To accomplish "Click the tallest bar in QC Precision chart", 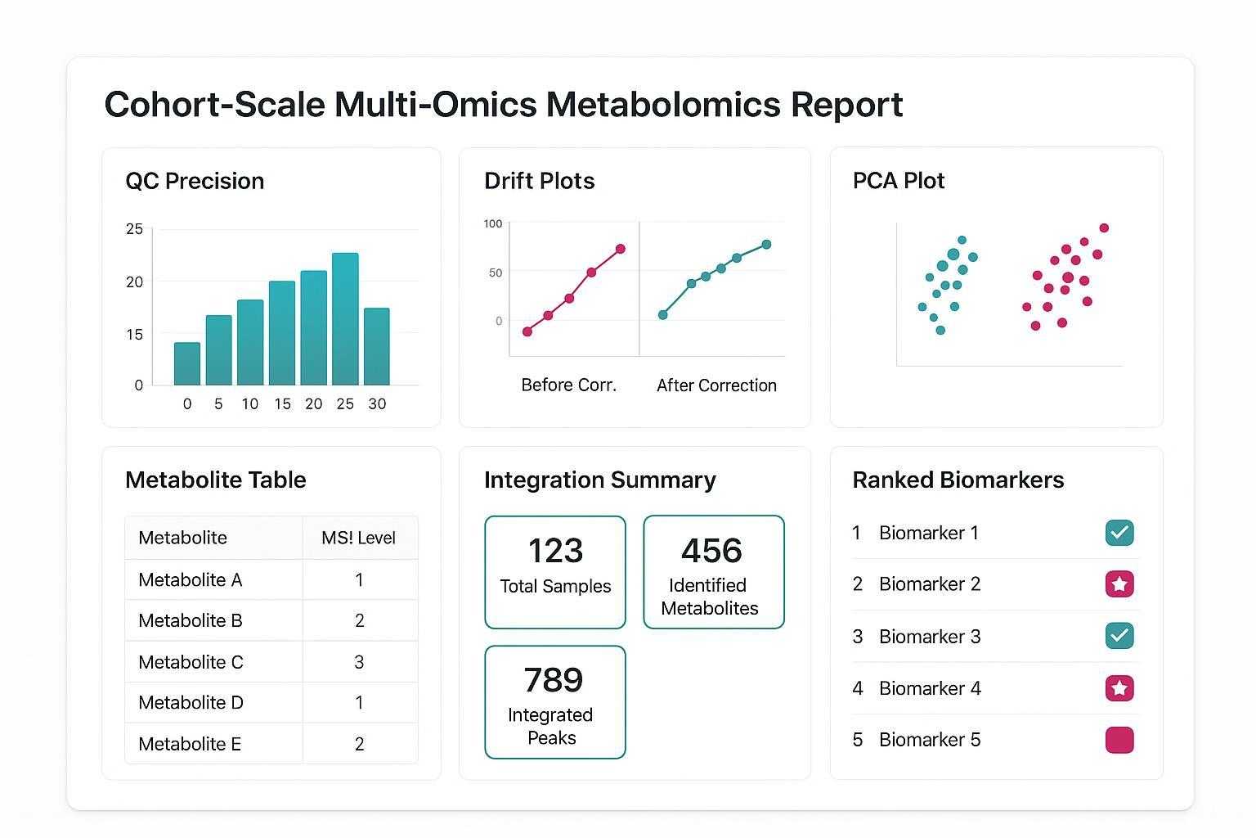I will tap(345, 319).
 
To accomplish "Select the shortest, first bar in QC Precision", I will tap(187, 363).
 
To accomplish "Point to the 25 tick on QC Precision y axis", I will tap(134, 229).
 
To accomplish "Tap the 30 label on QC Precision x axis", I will tap(377, 403).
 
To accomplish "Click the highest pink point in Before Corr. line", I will tap(620, 249).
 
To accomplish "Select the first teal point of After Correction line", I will tap(662, 315).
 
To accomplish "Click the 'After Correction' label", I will tap(716, 385).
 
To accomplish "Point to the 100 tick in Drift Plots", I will tap(493, 223).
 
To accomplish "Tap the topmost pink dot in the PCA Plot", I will tap(1104, 228).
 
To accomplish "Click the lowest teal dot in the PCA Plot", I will tap(940, 331).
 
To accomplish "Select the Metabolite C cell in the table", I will tap(191, 662).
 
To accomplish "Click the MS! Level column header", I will tap(358, 538).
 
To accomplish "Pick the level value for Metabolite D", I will tap(359, 703).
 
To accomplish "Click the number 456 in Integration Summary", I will tap(711, 551).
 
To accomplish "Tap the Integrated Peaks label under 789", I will tap(550, 726).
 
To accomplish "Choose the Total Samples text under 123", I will tap(555, 586).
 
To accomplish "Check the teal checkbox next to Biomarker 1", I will tap(1119, 533).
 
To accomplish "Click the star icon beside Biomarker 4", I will tap(1119, 688).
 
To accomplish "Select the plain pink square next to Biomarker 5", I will tap(1119, 740).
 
